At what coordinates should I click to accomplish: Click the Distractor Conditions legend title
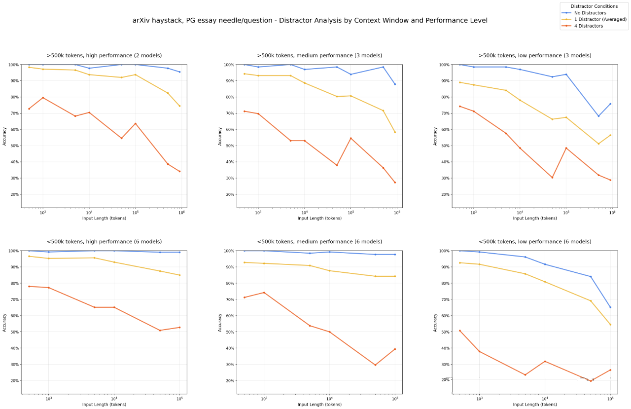(x=594, y=6)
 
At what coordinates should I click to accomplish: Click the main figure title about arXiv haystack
(x=310, y=20)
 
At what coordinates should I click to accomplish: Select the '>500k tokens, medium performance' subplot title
(x=319, y=55)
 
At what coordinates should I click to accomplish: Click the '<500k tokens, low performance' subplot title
(x=535, y=242)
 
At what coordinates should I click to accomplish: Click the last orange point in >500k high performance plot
(x=179, y=171)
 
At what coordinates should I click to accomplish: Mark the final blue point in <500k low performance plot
(x=610, y=307)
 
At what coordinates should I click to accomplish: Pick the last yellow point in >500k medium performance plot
(x=395, y=132)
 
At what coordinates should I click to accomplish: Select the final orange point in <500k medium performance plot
(x=395, y=349)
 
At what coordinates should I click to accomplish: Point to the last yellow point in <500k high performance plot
(x=179, y=275)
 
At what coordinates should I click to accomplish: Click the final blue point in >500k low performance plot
(x=610, y=104)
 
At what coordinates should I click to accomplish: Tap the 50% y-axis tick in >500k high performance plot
(x=14, y=146)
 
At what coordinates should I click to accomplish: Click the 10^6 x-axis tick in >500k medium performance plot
(x=397, y=213)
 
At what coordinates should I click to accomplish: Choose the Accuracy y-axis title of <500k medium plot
(x=220, y=322)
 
